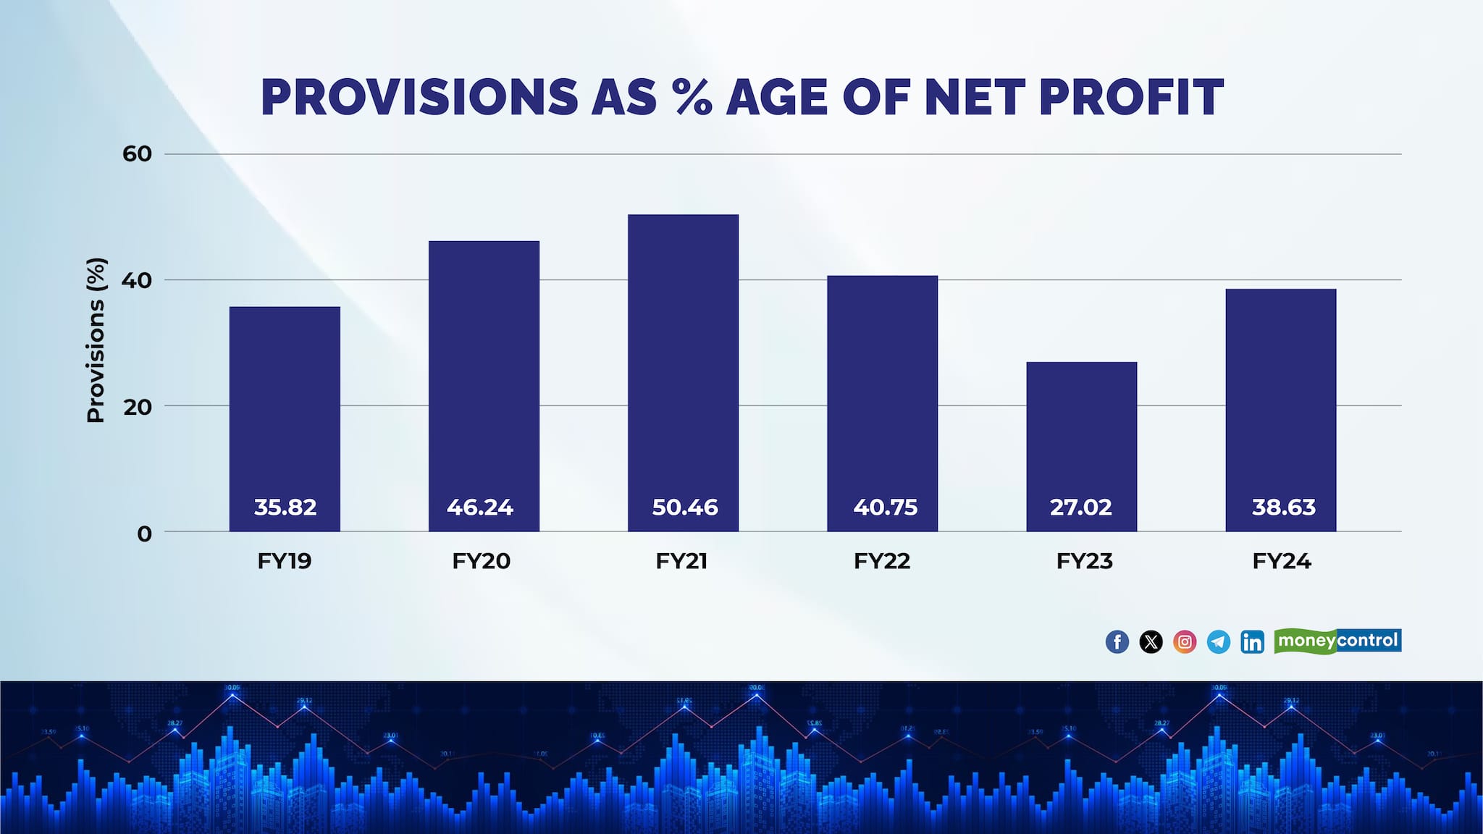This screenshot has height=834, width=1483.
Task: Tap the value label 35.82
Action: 285,507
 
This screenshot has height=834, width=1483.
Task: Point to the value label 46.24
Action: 480,507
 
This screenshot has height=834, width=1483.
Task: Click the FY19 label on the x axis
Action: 285,561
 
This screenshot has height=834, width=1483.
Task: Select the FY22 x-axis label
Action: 882,561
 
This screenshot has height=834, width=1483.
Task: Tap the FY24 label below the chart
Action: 1282,561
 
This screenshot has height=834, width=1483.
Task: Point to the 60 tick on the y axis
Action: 137,154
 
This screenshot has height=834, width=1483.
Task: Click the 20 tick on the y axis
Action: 137,407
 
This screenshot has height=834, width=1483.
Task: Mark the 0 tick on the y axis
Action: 144,534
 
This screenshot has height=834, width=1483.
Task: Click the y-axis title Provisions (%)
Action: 96,340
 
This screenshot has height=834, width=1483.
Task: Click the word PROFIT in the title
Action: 1131,98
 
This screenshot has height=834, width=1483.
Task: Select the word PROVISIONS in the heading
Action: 419,98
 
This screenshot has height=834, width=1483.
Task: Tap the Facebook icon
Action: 1117,641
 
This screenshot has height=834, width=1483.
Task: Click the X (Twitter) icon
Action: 1151,641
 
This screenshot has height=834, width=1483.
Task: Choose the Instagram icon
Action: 1185,641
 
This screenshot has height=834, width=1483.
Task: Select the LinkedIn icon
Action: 1252,641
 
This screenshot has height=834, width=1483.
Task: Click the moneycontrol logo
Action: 1337,641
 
